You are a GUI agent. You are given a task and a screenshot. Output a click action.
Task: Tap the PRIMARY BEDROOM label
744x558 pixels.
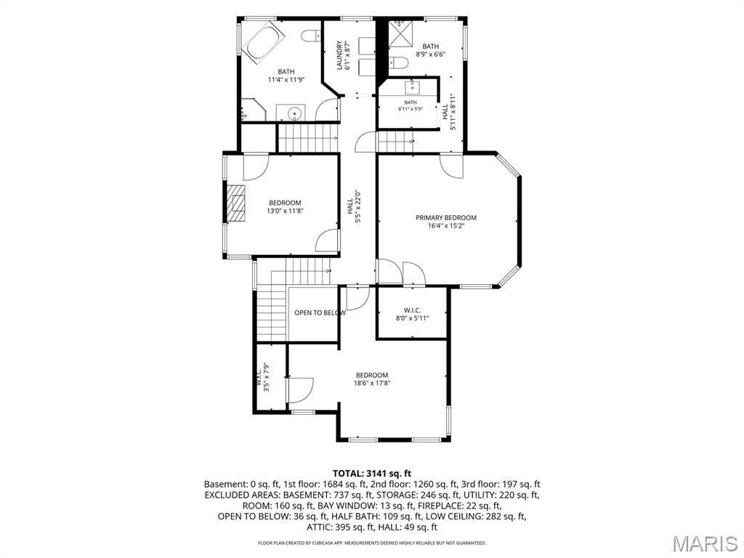pyautogui.click(x=446, y=218)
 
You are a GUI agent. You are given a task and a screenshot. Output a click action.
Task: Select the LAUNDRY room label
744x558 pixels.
pyautogui.click(x=340, y=55)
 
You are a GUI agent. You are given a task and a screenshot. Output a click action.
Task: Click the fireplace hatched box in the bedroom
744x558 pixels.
pyautogui.click(x=236, y=203)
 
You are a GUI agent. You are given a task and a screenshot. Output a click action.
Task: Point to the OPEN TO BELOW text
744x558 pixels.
pyautogui.click(x=320, y=312)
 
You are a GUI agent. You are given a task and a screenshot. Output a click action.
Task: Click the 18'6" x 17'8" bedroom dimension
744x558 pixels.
pyautogui.click(x=372, y=384)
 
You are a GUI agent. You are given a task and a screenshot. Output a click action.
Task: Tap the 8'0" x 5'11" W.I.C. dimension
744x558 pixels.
pyautogui.click(x=413, y=318)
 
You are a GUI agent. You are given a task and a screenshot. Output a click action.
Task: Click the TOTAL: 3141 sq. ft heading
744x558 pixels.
pyautogui.click(x=372, y=473)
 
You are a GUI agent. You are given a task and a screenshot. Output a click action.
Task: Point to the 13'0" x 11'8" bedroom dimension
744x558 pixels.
pyautogui.click(x=285, y=211)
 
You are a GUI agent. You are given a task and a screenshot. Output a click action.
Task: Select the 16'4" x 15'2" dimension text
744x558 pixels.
pyautogui.click(x=446, y=226)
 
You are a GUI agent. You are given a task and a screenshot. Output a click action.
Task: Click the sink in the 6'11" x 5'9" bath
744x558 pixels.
pyautogui.click(x=411, y=87)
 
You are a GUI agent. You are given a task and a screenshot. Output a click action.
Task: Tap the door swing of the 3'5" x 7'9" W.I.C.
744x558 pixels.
pyautogui.click(x=301, y=390)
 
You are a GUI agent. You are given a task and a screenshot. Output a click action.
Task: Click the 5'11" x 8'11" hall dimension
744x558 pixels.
pyautogui.click(x=453, y=111)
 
